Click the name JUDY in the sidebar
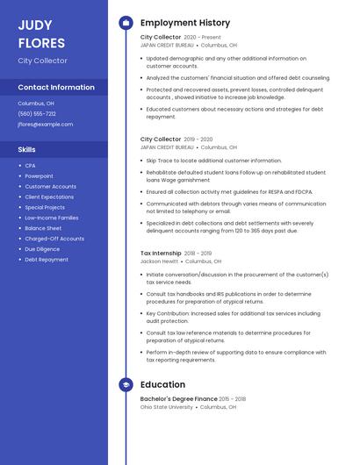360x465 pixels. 35,25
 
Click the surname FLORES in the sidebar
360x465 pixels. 41,43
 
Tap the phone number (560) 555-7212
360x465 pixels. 37,113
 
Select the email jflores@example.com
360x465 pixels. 46,125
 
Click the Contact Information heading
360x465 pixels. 56,88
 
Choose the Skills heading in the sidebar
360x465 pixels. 26,149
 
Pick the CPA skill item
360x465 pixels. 30,166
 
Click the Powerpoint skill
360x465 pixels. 39,176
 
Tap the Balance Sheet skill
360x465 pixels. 43,228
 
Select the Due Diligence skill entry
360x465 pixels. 42,249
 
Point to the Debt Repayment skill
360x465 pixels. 47,260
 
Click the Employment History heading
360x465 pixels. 185,23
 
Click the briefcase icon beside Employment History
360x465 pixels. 126,23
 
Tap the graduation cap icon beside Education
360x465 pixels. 126,384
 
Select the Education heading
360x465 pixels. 162,384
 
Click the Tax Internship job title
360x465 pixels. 161,254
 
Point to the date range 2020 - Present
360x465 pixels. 203,38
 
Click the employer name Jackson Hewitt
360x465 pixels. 159,261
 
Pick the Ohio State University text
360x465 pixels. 166,406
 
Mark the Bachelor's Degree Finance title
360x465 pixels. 179,398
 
